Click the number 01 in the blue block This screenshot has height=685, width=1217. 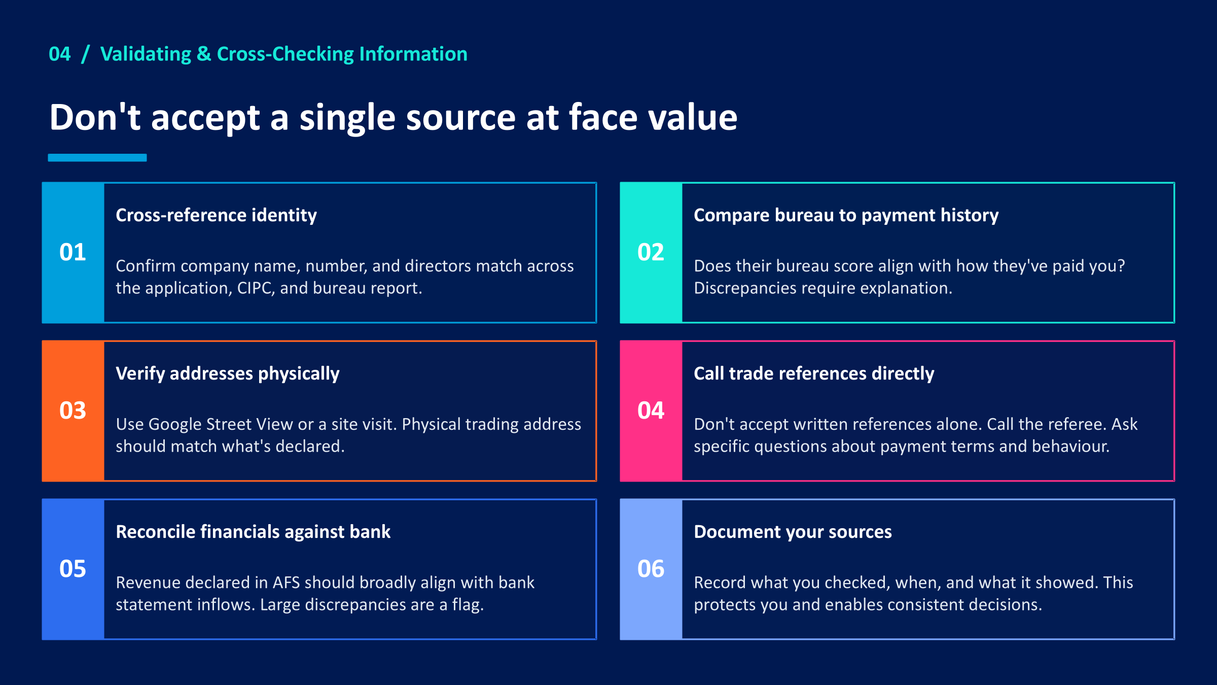[x=73, y=252]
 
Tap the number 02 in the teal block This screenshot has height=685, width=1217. [x=651, y=252]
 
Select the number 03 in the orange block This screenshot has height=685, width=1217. [x=73, y=410]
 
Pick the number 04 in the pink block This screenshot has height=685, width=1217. [x=651, y=410]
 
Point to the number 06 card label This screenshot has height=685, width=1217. [x=651, y=569]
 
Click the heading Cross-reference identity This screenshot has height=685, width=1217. [x=216, y=215]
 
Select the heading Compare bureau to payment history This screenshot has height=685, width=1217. [x=846, y=215]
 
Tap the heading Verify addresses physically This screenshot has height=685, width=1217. [x=227, y=373]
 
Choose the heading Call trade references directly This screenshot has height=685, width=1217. [x=813, y=373]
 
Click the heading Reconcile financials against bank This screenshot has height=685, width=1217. [x=253, y=532]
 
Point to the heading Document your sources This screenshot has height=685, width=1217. [x=792, y=532]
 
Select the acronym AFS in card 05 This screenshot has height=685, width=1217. [x=287, y=583]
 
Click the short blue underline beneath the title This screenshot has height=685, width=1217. [x=97, y=158]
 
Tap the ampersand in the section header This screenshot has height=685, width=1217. [x=204, y=54]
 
